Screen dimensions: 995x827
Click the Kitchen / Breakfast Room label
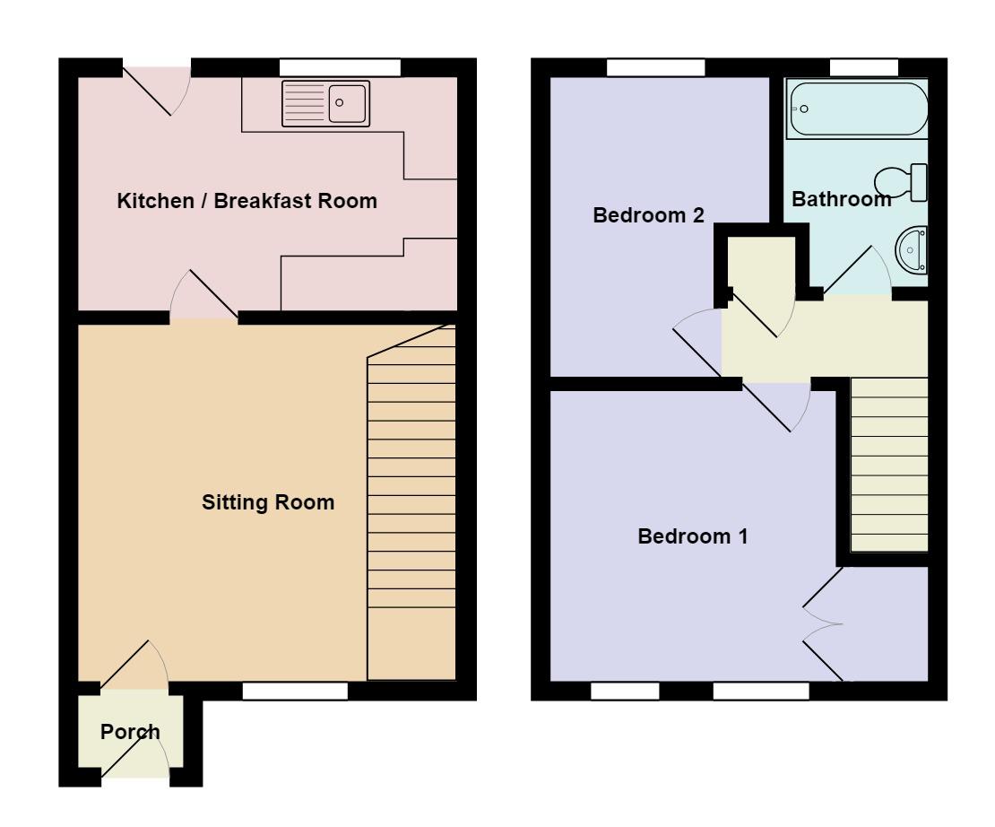247,201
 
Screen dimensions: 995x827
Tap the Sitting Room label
268,502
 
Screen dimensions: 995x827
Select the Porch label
130,732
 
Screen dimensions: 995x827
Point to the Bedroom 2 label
648,215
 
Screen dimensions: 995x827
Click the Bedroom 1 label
692,536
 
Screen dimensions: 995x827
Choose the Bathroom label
842,199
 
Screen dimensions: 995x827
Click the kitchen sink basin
347,103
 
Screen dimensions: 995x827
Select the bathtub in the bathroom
857,109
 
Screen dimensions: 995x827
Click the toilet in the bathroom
902,182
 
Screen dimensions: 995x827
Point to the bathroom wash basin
912,250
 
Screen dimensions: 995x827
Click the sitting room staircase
411,502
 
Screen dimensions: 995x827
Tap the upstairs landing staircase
889,465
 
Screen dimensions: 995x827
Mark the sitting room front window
295,691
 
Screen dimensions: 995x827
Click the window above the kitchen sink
340,67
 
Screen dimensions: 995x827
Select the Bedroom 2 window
656,67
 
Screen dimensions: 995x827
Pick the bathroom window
864,67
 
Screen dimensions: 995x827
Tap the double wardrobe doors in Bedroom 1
823,624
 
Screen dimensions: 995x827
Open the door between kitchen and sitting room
203,296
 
